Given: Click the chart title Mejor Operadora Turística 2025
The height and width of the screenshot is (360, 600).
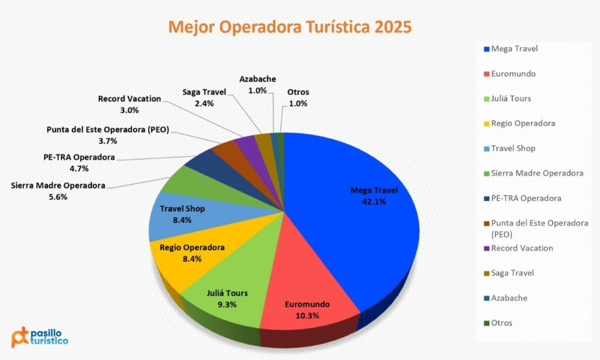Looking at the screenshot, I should click(x=290, y=27).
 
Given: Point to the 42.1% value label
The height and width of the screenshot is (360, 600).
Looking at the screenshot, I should click(x=373, y=201).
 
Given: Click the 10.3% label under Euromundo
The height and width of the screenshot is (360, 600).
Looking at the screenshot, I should click(x=307, y=315).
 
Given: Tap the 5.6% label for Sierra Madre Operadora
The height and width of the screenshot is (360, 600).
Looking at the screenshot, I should click(x=58, y=197).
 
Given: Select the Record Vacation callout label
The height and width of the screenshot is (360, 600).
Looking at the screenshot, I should click(x=129, y=99).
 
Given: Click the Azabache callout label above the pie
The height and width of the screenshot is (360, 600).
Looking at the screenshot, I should click(x=257, y=79).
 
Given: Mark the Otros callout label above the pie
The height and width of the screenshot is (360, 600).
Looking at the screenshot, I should click(x=298, y=92).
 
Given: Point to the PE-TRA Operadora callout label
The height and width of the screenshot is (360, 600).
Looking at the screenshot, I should click(x=79, y=157).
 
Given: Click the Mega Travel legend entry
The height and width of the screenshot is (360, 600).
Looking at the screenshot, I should click(x=514, y=49).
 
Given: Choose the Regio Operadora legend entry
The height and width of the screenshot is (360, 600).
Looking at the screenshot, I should click(x=523, y=123).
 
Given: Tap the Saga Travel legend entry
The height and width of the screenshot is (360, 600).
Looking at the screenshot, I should click(x=513, y=273).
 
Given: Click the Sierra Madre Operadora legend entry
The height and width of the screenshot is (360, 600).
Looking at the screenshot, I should click(x=537, y=173).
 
